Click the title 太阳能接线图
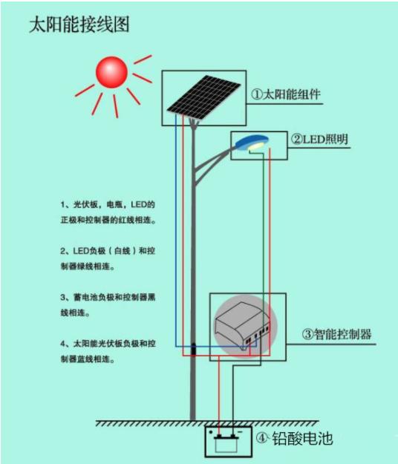click(x=79, y=24)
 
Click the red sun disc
click(x=111, y=72)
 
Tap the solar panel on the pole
click(x=203, y=97)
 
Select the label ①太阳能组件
click(x=286, y=94)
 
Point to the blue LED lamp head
click(x=252, y=143)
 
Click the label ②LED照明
click(x=319, y=139)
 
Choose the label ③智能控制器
click(x=336, y=334)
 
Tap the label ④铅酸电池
click(x=294, y=438)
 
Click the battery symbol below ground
click(x=226, y=442)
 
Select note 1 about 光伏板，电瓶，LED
click(x=108, y=212)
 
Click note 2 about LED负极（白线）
click(x=108, y=258)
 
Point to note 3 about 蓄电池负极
click(x=108, y=305)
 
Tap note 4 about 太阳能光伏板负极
click(x=108, y=351)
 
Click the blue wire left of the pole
click(x=176, y=231)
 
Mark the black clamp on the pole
click(x=193, y=350)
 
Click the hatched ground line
click(x=207, y=423)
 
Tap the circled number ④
click(x=261, y=438)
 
